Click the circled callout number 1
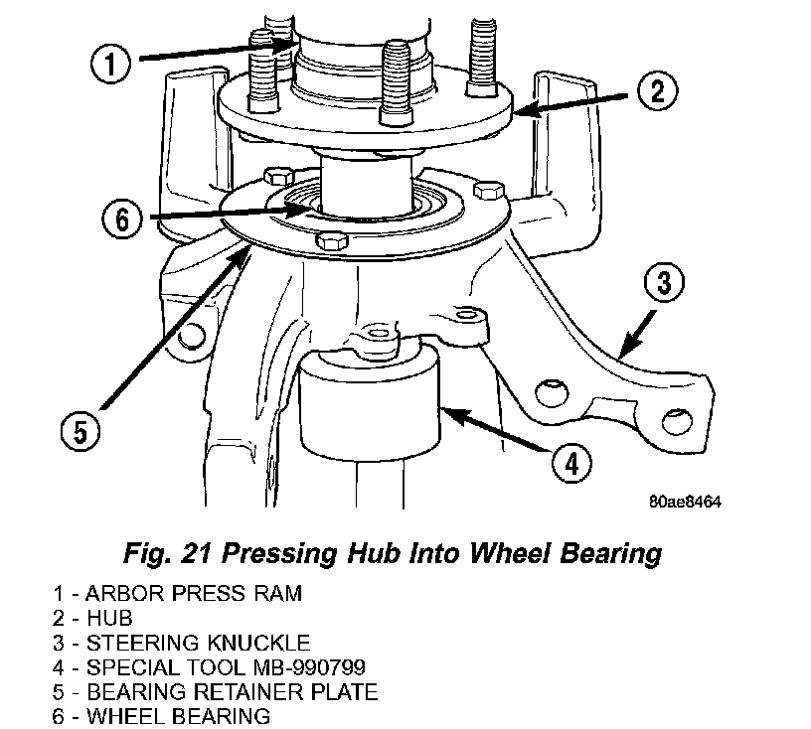point(110,64)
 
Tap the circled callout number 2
point(657,91)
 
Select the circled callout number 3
point(664,282)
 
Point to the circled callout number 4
point(571,463)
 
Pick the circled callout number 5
point(81,431)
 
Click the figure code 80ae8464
point(685,502)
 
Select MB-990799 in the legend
point(309,667)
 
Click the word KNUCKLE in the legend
point(258,643)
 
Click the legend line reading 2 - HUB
point(92,618)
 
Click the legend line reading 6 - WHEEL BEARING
point(161,716)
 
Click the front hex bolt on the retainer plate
point(332,241)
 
